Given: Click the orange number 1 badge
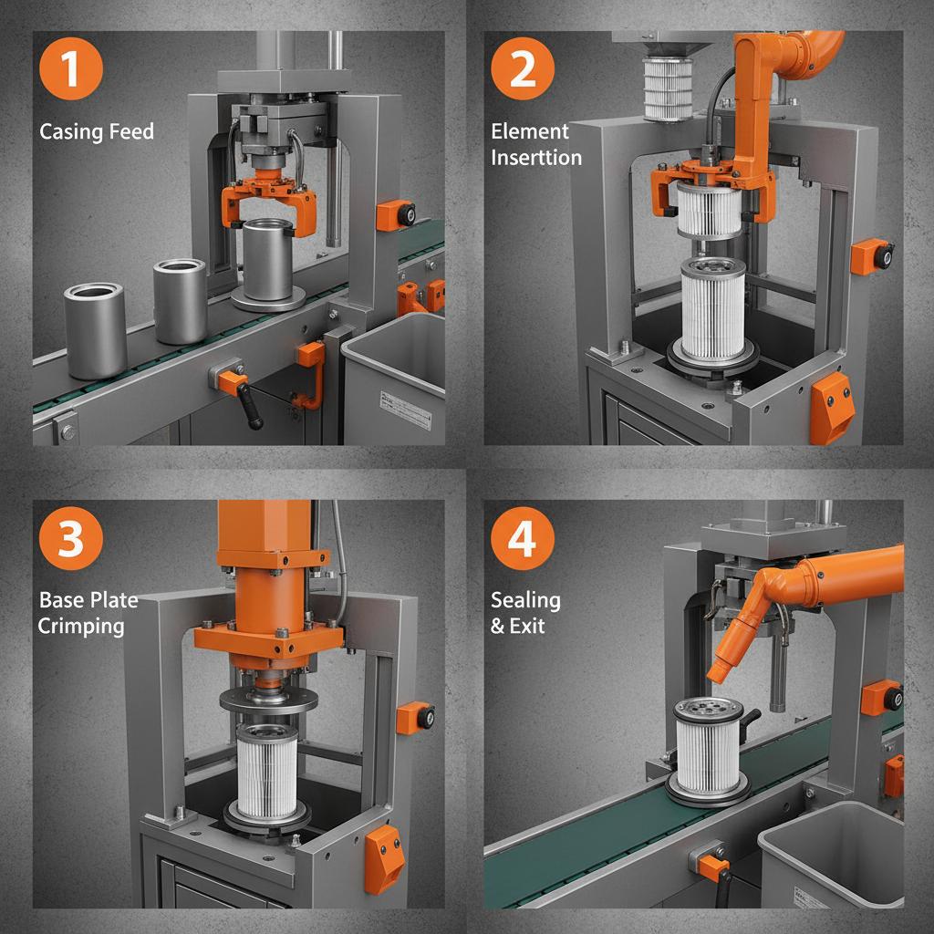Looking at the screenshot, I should point(71,69).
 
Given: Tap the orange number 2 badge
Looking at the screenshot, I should point(523,69).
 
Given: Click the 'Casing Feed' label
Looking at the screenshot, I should point(97,131).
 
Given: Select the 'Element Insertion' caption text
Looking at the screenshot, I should point(535,144).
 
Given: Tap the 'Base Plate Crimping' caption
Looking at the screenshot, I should point(88,612).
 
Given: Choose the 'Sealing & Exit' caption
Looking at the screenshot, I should point(525,612).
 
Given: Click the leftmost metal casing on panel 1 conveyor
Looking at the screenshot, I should point(95,330).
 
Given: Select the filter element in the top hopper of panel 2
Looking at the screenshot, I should point(669,89).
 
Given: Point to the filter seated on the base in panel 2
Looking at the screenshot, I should point(712,310).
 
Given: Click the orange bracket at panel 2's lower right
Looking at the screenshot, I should point(831,407).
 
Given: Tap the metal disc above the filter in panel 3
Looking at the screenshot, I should point(268,700).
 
